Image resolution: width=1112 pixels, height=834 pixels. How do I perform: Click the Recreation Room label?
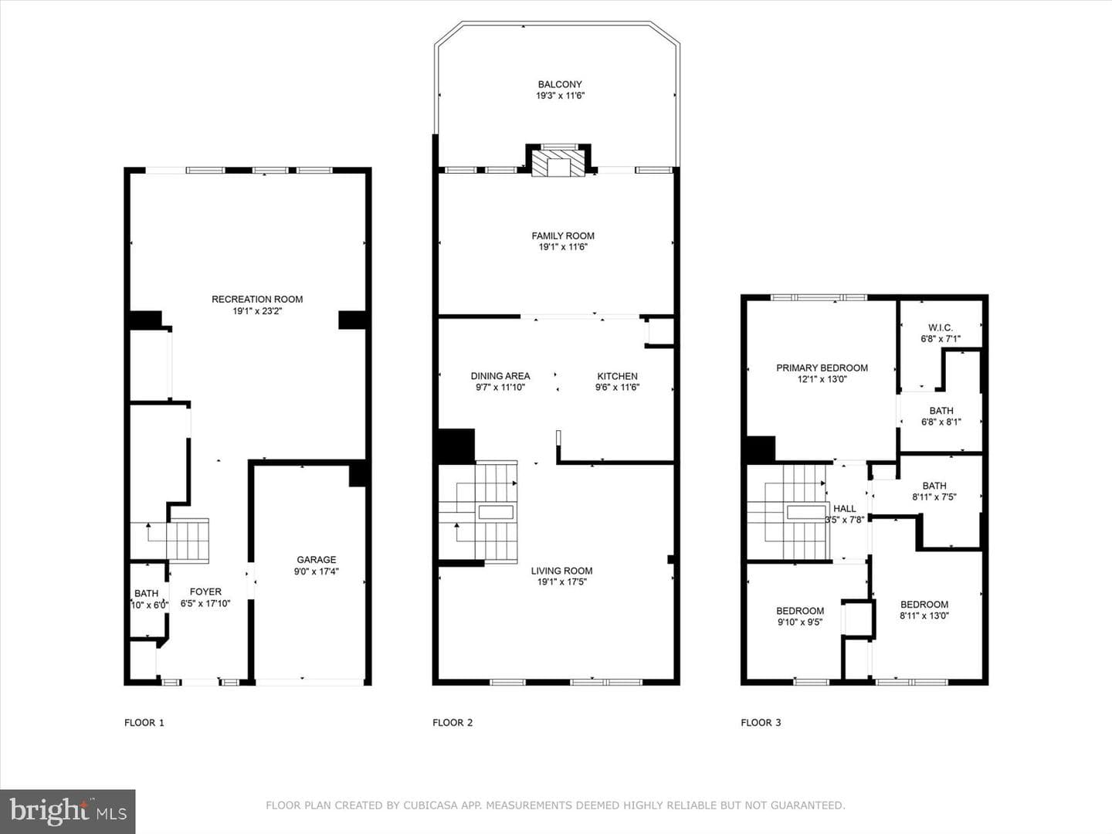(257, 300)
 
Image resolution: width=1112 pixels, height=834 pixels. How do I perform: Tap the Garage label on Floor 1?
(316, 560)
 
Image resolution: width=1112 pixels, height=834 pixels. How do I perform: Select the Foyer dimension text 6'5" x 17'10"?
(205, 603)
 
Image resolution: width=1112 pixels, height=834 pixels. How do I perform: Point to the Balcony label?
(560, 85)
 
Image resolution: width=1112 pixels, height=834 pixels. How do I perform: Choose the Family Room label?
(563, 236)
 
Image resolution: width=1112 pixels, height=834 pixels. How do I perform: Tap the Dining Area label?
(500, 376)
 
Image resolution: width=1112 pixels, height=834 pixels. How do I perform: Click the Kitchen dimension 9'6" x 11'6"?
(617, 388)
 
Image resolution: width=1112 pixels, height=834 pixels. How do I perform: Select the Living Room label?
(561, 571)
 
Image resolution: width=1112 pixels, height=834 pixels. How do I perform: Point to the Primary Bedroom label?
(822, 368)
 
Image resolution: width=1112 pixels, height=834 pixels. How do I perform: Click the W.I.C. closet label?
(941, 327)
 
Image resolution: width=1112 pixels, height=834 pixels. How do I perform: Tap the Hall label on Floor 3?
(845, 508)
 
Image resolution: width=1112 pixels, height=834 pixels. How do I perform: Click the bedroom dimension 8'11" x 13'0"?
(924, 615)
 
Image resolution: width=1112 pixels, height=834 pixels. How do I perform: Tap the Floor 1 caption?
(144, 723)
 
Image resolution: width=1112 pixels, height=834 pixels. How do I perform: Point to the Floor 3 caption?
(761, 723)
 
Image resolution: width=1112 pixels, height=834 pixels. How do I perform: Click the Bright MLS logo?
(68, 812)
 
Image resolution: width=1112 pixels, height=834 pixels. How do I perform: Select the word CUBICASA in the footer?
(430, 805)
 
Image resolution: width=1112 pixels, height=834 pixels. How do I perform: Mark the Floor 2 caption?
(453, 723)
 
